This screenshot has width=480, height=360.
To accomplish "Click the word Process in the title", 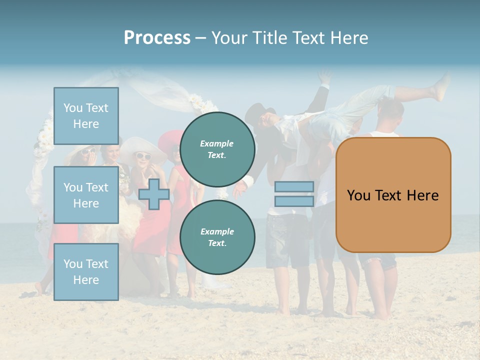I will (x=157, y=38).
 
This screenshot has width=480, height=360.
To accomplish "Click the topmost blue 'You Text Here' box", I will (x=86, y=116).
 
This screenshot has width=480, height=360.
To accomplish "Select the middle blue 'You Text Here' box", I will (x=86, y=195).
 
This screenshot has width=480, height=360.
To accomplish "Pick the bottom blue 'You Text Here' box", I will (x=86, y=271).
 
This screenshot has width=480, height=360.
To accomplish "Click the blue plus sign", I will (x=153, y=194).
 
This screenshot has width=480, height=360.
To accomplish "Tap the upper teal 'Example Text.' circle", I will (x=217, y=149).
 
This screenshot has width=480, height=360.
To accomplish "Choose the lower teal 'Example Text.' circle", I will (x=217, y=237).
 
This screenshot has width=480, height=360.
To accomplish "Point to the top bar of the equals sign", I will (x=294, y=186).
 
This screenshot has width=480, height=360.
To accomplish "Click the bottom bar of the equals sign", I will (x=294, y=201).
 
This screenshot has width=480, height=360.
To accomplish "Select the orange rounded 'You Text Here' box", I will (x=393, y=195).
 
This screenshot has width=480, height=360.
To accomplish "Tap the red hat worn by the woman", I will (x=170, y=139).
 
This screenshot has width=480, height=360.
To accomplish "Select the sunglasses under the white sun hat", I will (x=143, y=156).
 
